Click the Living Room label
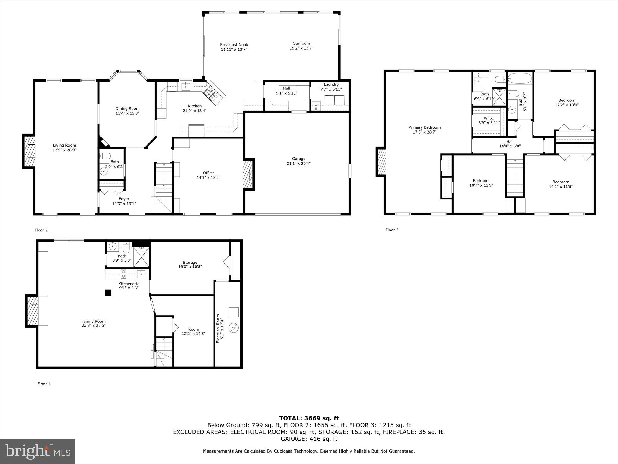coord(65,145)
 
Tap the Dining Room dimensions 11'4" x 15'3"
coord(127,114)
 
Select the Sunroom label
coord(301,43)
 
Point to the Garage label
coord(298,159)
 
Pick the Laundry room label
coord(331,85)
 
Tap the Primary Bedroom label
coord(424,127)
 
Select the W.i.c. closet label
coord(489,118)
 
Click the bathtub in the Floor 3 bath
coord(520,79)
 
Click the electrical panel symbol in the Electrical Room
coord(234,328)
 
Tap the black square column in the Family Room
coord(108,293)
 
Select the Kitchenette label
coord(129,284)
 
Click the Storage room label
coord(190,263)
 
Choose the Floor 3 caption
coord(392,230)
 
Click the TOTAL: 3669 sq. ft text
coord(309,418)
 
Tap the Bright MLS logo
coord(38,452)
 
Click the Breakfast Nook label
coord(234,45)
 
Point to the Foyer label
coord(124,199)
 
